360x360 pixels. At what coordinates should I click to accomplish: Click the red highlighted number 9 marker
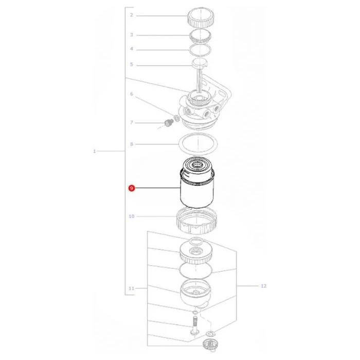point(131,188)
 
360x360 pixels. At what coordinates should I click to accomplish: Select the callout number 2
point(131,15)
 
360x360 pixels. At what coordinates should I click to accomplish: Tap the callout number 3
point(131,35)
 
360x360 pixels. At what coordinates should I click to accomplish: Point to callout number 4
point(131,49)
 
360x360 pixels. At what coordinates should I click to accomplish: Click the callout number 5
point(131,64)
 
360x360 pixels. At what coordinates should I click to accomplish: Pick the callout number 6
point(132,94)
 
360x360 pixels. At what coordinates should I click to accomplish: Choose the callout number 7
point(132,122)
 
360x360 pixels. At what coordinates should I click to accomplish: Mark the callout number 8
point(132,144)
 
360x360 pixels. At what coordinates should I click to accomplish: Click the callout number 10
point(132,217)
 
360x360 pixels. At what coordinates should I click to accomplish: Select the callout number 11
point(131,289)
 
